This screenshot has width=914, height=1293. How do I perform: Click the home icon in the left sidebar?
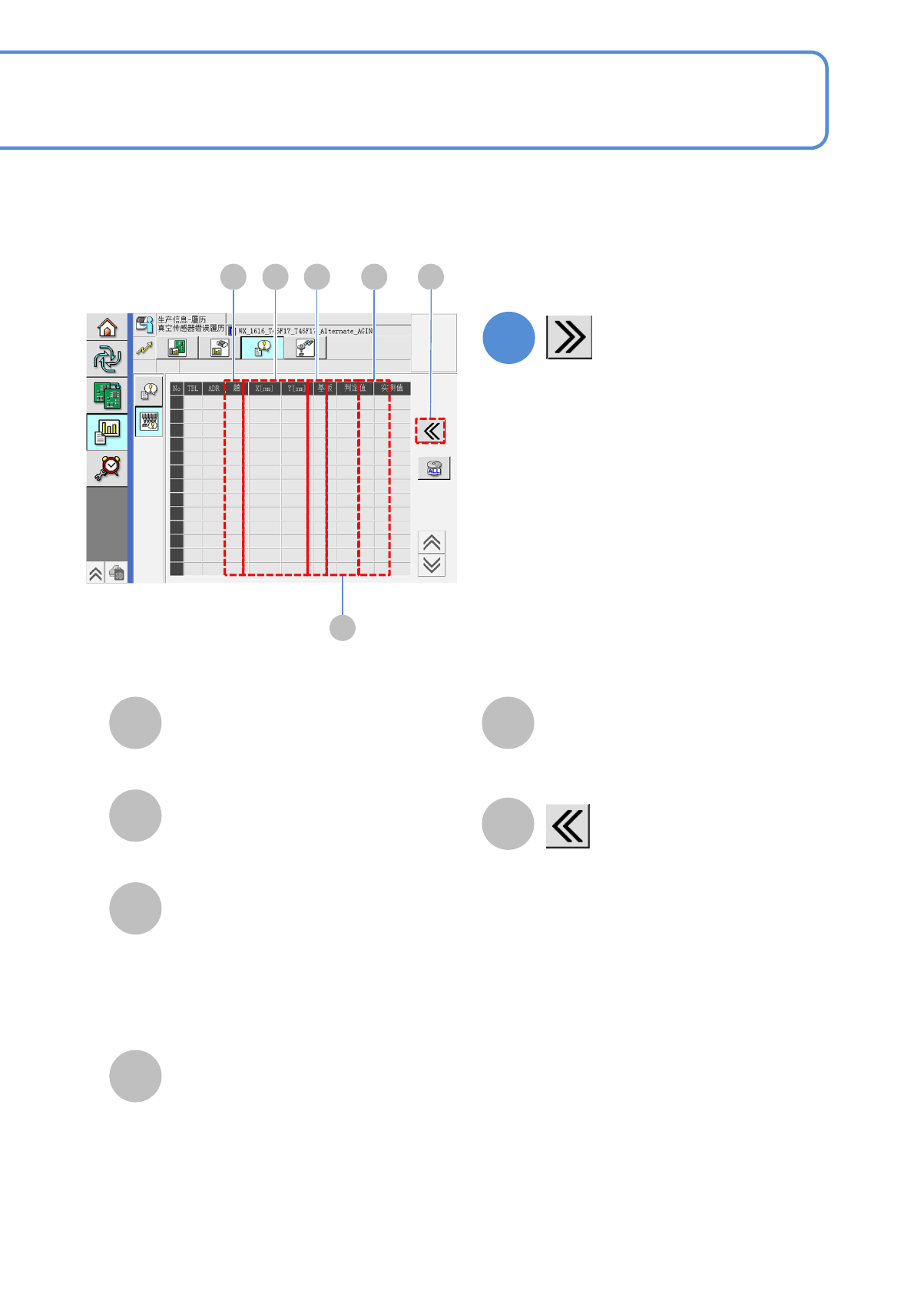click(x=107, y=328)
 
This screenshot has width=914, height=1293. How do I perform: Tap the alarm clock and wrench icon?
click(x=108, y=468)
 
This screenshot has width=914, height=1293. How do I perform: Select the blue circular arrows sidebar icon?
click(x=107, y=359)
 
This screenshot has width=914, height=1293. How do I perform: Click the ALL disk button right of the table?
click(x=434, y=468)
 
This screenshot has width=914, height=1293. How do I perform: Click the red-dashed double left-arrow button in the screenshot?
click(x=431, y=431)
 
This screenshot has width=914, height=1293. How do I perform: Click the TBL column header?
click(x=193, y=389)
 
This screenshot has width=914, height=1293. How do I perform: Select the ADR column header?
click(x=214, y=389)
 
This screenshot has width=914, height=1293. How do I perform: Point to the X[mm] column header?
click(x=264, y=389)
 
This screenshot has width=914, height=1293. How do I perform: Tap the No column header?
click(x=177, y=389)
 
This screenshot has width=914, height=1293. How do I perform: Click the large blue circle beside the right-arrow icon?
click(x=508, y=338)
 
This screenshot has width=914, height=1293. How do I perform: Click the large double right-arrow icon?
click(x=569, y=337)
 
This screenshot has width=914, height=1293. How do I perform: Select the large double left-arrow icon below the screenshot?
click(x=568, y=826)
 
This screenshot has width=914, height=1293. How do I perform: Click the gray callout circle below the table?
click(x=343, y=627)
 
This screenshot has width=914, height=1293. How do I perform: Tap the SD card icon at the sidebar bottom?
click(x=117, y=573)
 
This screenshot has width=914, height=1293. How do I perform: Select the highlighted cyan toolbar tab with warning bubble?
click(x=262, y=348)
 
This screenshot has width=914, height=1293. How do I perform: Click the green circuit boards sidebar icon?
click(x=107, y=395)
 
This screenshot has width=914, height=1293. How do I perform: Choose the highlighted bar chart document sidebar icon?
click(x=107, y=432)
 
